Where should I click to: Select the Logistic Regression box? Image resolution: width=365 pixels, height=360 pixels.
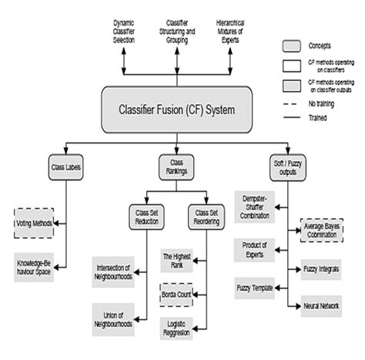coord(178,328)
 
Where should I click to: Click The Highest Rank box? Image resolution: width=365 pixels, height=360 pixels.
coord(178,258)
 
